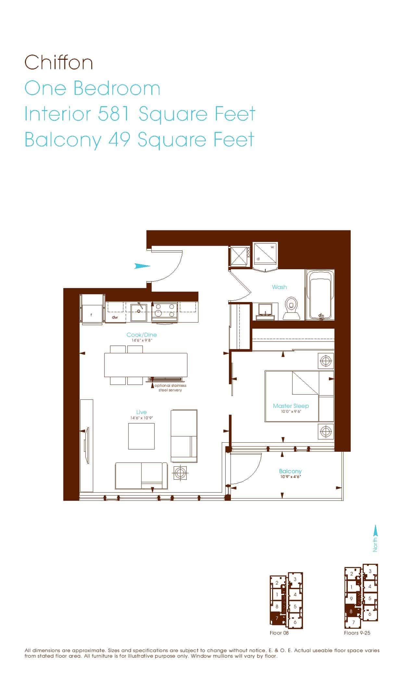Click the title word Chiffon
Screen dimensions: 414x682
(59, 62)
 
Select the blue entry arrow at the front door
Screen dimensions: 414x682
(142, 266)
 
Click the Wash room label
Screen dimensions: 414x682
(279, 287)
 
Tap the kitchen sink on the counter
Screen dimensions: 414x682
(139, 312)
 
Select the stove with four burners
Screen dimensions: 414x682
(165, 312)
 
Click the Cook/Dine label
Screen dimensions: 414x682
(142, 335)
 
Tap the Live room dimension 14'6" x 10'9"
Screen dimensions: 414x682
(141, 418)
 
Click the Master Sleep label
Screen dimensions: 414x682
(291, 406)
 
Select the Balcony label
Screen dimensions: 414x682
(290, 471)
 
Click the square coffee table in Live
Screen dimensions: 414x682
(141, 436)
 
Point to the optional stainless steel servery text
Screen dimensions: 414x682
(170, 388)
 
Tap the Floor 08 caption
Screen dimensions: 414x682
(279, 633)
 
